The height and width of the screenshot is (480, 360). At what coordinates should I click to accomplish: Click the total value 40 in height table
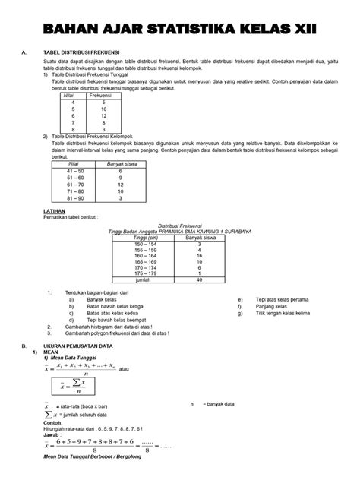click(199, 280)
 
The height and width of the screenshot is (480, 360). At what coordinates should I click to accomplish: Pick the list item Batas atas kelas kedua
click(114, 312)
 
